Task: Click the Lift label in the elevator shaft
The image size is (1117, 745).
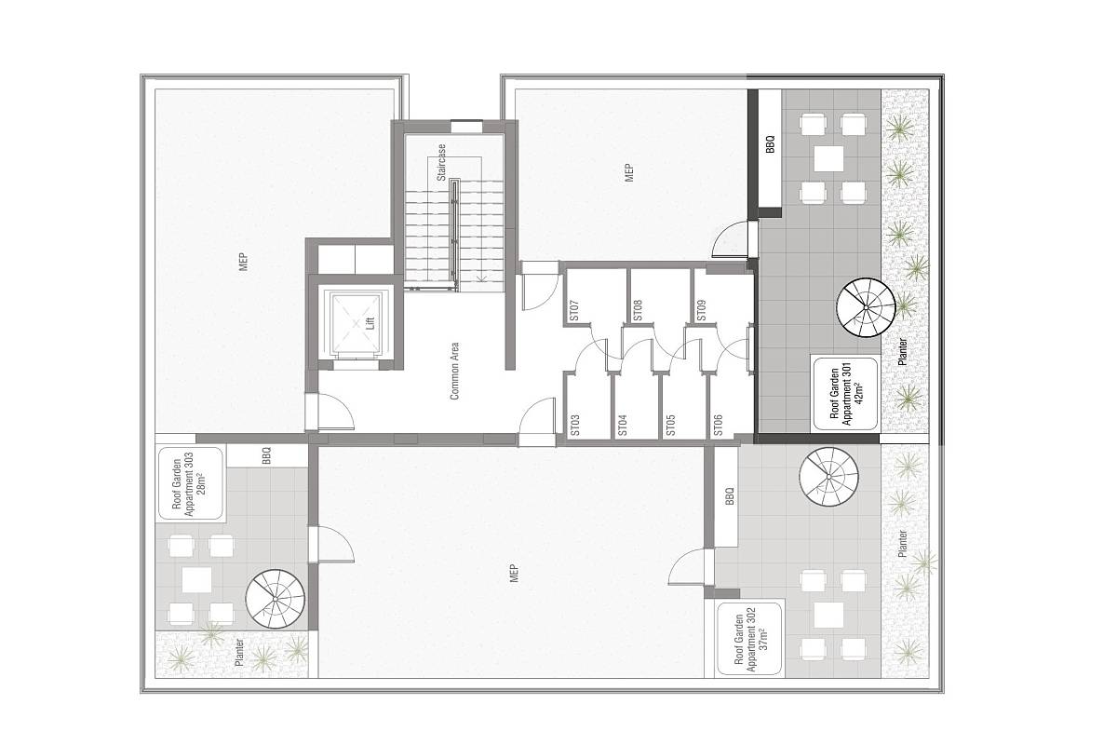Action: (x=370, y=323)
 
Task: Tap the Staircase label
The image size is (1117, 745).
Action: (x=441, y=163)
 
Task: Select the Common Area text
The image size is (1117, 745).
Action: (x=454, y=371)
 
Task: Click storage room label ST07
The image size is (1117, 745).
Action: (x=574, y=310)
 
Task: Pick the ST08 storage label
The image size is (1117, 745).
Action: (x=638, y=310)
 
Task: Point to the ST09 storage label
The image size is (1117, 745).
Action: (x=701, y=310)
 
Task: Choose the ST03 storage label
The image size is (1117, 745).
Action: (x=575, y=426)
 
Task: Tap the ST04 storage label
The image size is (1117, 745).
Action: (x=623, y=426)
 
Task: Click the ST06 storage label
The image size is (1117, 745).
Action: (x=718, y=426)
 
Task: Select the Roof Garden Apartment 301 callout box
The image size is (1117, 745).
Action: (x=845, y=394)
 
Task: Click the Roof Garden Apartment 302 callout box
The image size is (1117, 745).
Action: (x=749, y=639)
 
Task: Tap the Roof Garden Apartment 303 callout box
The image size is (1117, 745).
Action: (x=191, y=484)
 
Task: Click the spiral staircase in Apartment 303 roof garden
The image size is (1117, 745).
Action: (x=276, y=600)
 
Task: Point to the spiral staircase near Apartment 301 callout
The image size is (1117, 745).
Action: (x=867, y=307)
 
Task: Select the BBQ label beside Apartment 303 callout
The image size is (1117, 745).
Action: (x=266, y=455)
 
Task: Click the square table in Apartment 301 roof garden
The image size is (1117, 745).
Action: (x=828, y=158)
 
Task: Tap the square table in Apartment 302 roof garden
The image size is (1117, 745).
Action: (x=828, y=615)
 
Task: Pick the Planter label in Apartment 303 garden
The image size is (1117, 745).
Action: (x=239, y=653)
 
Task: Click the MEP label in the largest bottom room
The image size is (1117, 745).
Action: (x=515, y=573)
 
